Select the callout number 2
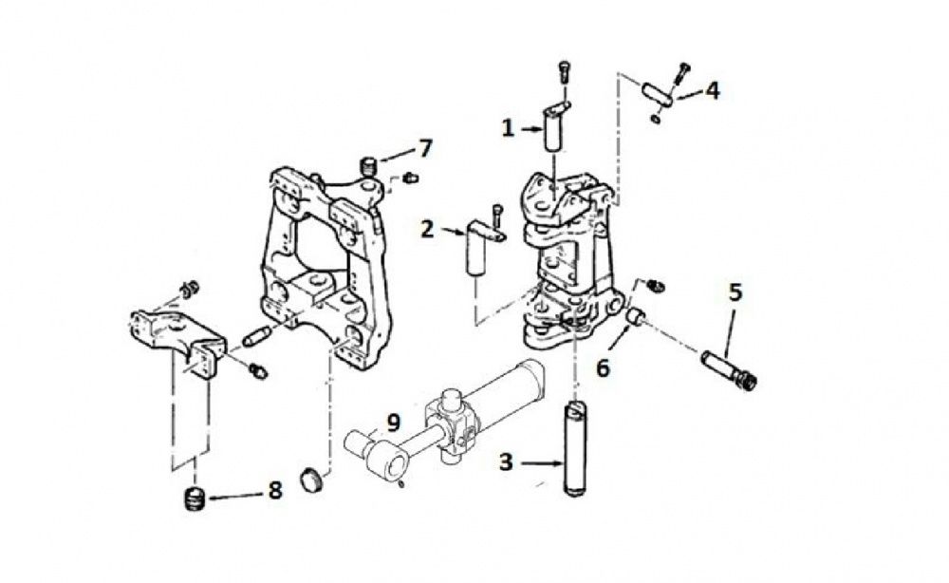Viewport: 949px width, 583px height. pos(427,228)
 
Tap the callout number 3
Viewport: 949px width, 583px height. pos(507,462)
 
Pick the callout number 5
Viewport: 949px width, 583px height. pos(734,291)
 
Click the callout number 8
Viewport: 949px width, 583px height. pos(275,491)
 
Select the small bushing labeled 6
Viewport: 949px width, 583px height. pos(636,316)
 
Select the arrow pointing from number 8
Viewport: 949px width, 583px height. pos(237,495)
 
